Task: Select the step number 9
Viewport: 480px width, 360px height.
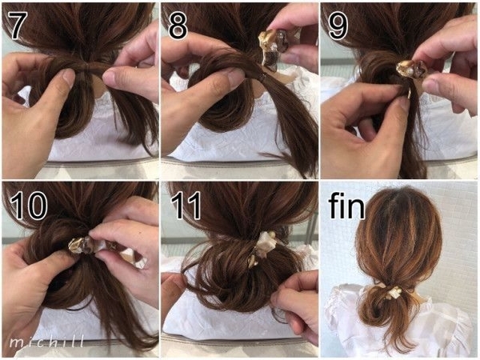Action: coord(338,26)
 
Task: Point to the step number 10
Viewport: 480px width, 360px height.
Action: coord(28,205)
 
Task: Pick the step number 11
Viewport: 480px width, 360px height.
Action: coord(186,205)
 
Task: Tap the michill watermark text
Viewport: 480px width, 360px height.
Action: coord(46,342)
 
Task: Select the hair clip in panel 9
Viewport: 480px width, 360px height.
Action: coord(410,70)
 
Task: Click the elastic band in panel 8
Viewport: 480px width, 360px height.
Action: coord(261,76)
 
